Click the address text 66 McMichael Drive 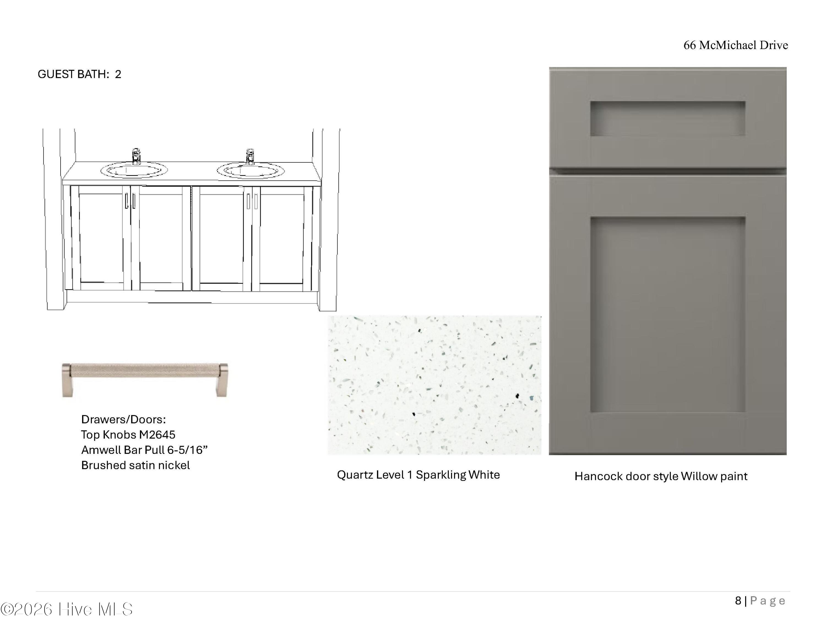[x=736, y=45]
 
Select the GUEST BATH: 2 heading [x=79, y=74]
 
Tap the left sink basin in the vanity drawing [x=134, y=170]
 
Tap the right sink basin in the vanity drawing [x=250, y=170]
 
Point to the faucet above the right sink [x=250, y=157]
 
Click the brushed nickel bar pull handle [x=145, y=380]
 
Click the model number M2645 [x=157, y=435]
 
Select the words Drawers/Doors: [x=124, y=419]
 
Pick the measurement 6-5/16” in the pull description [x=188, y=450]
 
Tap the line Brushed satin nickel [x=135, y=465]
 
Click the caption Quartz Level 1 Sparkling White [x=418, y=475]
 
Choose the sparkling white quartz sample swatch [x=434, y=385]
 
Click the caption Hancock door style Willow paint [x=661, y=476]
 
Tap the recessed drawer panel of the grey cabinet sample [x=667, y=118]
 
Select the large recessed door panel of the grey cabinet [x=667, y=315]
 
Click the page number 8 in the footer [x=738, y=601]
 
